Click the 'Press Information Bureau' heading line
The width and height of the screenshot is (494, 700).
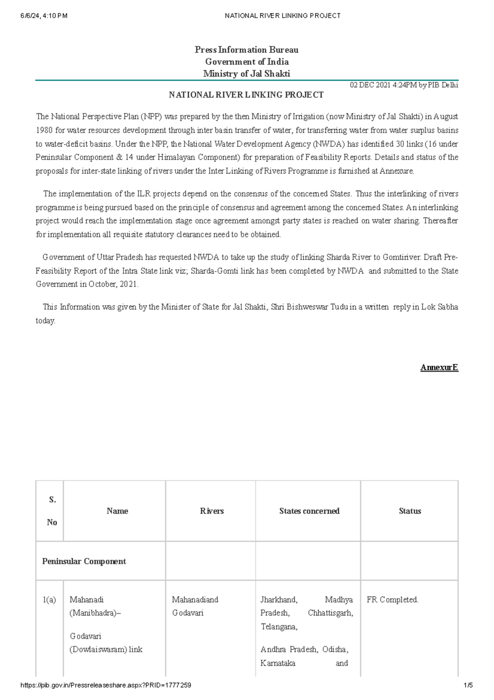pyautogui.click(x=246, y=50)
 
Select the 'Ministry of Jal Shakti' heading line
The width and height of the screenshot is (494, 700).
pyautogui.click(x=246, y=74)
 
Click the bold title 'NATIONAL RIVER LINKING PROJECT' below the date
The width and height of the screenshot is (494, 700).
pyautogui.click(x=246, y=95)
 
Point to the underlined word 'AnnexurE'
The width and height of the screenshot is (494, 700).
pyautogui.click(x=439, y=367)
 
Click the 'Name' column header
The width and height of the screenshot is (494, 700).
pyautogui.click(x=117, y=511)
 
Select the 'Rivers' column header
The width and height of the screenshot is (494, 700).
pyautogui.click(x=212, y=511)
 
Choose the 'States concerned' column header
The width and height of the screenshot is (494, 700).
pyautogui.click(x=309, y=511)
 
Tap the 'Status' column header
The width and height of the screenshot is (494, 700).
pyautogui.click(x=410, y=511)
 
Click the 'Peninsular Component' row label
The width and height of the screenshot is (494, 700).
pyautogui.click(x=84, y=561)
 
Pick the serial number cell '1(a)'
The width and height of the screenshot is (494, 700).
pyautogui.click(x=49, y=599)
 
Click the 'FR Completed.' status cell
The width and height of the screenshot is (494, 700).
pyautogui.click(x=392, y=599)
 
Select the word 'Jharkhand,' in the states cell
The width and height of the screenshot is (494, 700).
pyautogui.click(x=279, y=599)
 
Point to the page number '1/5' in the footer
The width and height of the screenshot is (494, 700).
pyautogui.click(x=468, y=685)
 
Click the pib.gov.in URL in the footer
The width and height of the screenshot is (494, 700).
pyautogui.click(x=106, y=685)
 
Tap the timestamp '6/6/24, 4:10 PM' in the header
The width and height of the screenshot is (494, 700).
pyautogui.click(x=44, y=16)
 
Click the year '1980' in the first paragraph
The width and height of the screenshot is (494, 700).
pyautogui.click(x=44, y=130)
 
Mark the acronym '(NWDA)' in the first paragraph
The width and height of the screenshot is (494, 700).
pyautogui.click(x=328, y=144)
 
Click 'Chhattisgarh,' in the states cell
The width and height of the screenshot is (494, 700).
pyautogui.click(x=330, y=613)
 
